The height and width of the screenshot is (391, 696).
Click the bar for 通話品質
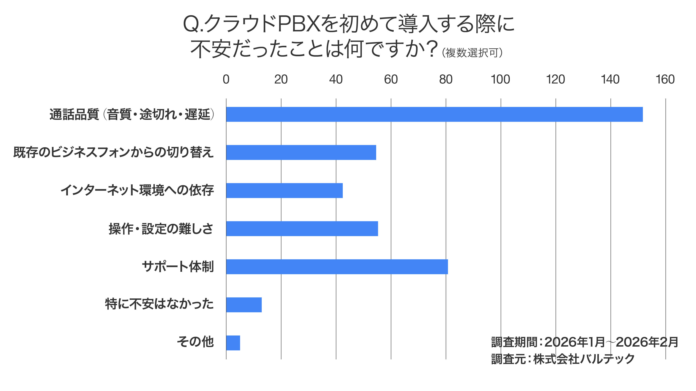click(x=434, y=114)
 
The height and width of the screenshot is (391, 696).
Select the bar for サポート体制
click(x=337, y=267)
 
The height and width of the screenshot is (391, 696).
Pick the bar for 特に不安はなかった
click(x=244, y=305)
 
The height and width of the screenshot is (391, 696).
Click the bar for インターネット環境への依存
click(x=284, y=190)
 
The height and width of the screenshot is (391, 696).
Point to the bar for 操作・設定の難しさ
click(x=302, y=229)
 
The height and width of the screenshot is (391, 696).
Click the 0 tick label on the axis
click(x=226, y=79)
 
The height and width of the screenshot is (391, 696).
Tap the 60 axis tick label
click(x=391, y=79)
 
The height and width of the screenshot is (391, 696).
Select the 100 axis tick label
click(x=500, y=79)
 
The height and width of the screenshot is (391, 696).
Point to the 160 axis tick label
click(x=665, y=79)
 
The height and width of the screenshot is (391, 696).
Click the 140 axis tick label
click(x=610, y=79)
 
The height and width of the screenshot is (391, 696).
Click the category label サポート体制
click(x=178, y=267)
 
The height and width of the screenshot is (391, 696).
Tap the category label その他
click(x=195, y=342)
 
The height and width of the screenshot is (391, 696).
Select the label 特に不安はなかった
click(x=159, y=304)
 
